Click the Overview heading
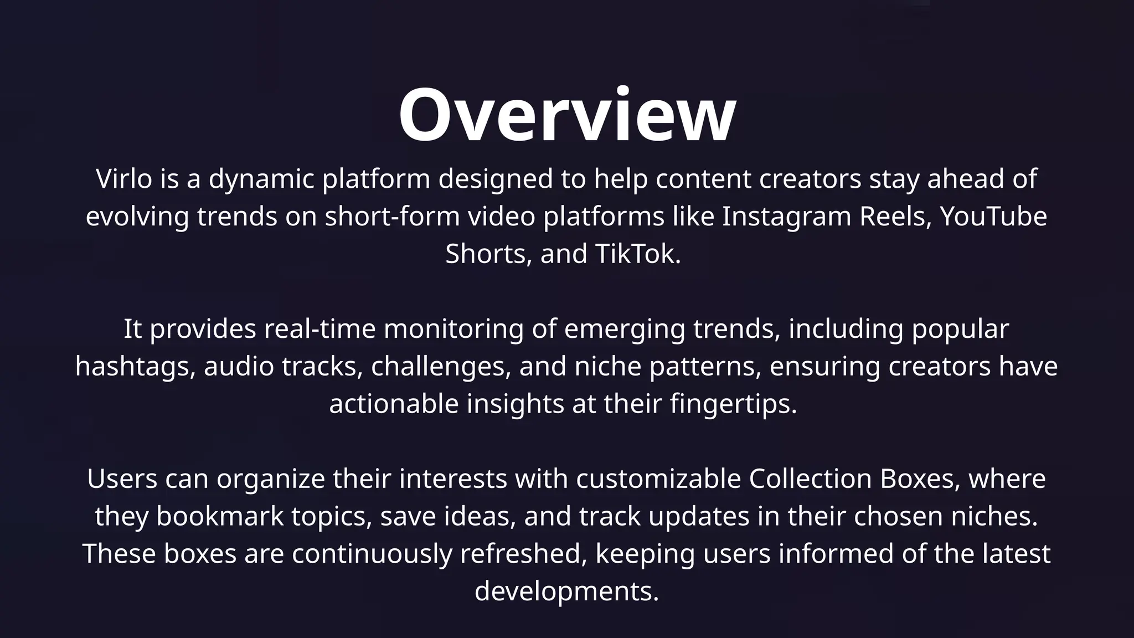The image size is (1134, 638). [x=567, y=115]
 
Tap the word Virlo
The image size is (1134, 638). [x=124, y=179]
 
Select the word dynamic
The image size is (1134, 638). [x=261, y=179]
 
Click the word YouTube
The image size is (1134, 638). [x=993, y=217]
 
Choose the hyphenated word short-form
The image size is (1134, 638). [x=392, y=217]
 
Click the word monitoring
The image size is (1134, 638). [x=453, y=329]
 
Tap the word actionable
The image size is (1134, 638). [x=394, y=404]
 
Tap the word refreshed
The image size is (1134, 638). [x=523, y=554]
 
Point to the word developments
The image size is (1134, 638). [x=567, y=592]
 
